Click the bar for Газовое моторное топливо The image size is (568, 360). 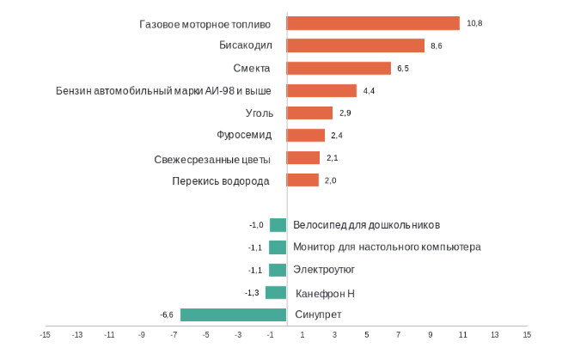[x=373, y=23]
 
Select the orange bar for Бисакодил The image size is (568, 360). [x=355, y=46]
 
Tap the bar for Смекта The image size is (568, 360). [x=339, y=68]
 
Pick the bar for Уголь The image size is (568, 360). [x=309, y=113]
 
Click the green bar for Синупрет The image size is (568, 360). [x=233, y=314]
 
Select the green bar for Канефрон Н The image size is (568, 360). [x=276, y=292]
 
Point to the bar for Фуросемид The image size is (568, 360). [x=305, y=135]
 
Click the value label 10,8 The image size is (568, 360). [x=474, y=23]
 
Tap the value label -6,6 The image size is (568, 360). [x=167, y=314]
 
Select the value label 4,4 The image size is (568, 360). [x=370, y=90]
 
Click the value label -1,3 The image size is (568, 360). [x=252, y=292]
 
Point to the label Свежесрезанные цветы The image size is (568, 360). [x=212, y=159]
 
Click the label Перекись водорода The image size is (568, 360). [x=221, y=181]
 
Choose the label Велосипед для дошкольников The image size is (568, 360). [x=366, y=225]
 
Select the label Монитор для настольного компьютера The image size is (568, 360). [x=387, y=247]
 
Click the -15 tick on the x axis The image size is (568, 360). [x=45, y=335]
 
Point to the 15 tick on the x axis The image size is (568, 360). [x=527, y=335]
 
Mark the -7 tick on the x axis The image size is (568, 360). [x=174, y=335]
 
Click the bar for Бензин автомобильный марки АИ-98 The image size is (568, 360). [x=321, y=90]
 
